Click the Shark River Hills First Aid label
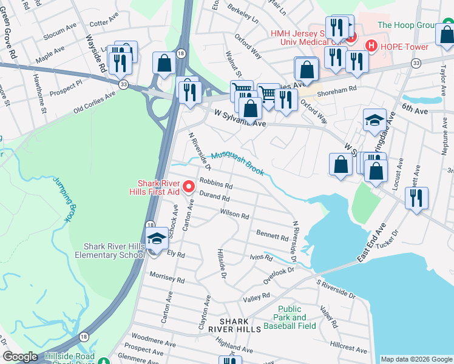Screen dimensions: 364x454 159,187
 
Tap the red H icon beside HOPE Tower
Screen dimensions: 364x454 370,46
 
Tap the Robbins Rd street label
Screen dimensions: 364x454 216,184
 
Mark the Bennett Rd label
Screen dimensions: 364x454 272,235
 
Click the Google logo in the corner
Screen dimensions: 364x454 20,357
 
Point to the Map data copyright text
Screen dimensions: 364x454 416,359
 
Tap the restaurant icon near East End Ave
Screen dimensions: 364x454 416,198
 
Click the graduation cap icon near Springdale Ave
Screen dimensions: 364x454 374,121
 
